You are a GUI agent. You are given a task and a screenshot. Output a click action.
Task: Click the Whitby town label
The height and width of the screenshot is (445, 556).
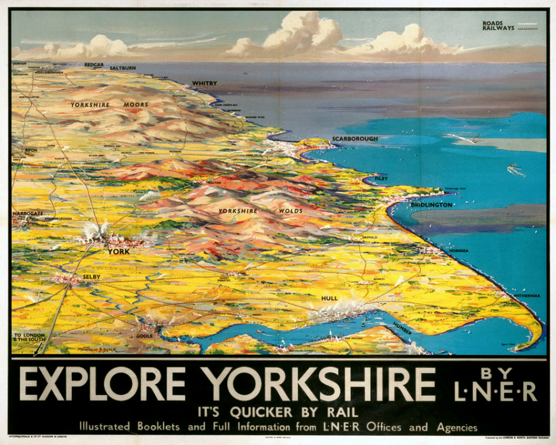(x=204, y=84)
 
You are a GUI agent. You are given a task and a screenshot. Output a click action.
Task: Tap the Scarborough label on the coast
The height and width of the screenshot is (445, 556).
(x=355, y=139)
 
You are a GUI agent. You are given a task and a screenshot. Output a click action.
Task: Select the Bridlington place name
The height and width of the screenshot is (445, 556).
(x=431, y=205)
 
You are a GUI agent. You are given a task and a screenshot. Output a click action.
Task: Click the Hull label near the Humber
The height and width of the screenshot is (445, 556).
(x=329, y=298)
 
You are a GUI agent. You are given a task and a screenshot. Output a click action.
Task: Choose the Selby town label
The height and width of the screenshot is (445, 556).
(x=91, y=276)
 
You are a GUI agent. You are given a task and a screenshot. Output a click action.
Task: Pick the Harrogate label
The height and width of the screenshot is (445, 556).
(x=28, y=213)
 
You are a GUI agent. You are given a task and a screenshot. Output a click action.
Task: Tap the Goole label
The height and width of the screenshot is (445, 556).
(x=144, y=336)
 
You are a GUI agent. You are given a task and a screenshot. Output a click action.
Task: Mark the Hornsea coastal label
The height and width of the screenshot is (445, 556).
(x=458, y=250)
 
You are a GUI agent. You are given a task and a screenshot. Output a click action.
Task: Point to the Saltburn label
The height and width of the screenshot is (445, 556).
(x=122, y=68)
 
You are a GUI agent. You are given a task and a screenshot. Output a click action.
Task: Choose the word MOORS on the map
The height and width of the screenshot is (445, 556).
(x=136, y=105)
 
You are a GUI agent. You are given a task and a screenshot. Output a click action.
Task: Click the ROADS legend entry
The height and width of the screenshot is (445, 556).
(x=493, y=24)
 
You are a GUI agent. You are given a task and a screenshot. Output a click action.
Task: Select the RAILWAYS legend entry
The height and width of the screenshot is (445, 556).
(x=498, y=28)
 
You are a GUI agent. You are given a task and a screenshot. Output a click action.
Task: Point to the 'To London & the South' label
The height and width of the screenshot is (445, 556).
(x=28, y=337)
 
